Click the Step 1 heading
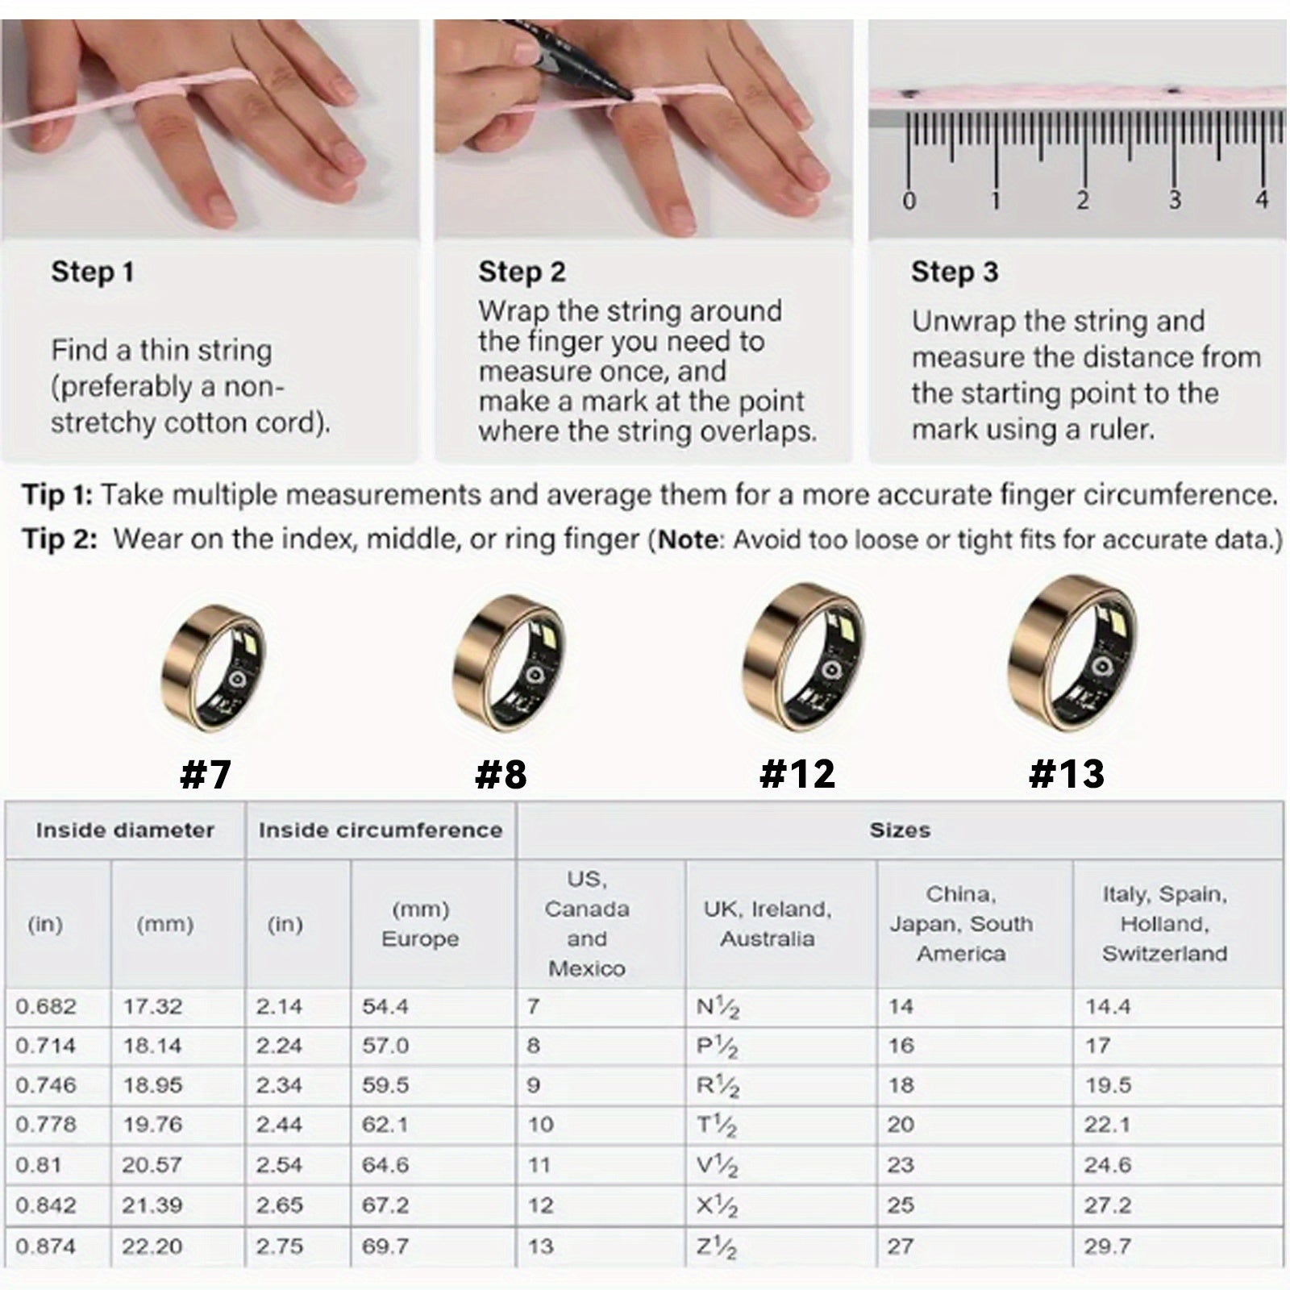[x=92, y=272]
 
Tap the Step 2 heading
[x=522, y=272]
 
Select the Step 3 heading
[x=955, y=272]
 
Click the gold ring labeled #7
[x=213, y=668]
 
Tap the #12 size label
[x=797, y=773]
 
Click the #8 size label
[x=501, y=773]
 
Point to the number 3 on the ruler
[x=1175, y=198]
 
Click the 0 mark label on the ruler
[x=909, y=199]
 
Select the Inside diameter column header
[x=125, y=830]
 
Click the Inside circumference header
[x=381, y=830]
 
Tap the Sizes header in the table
[x=900, y=830]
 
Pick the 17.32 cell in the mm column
[x=152, y=1006]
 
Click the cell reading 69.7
[x=385, y=1246]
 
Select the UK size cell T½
[x=716, y=1125]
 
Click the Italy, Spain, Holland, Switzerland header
[x=1165, y=924]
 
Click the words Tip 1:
[x=57, y=494]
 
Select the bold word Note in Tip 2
[x=688, y=539]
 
